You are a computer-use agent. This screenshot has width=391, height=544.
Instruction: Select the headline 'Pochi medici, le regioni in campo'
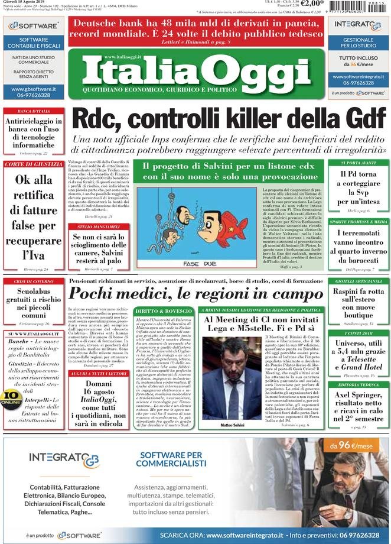(195, 293)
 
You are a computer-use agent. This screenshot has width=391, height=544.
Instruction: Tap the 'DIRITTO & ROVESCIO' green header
(163, 310)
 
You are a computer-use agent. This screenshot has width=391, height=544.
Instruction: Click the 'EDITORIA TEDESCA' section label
(359, 385)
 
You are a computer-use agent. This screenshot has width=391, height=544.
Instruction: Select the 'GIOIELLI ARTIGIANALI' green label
(359, 281)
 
